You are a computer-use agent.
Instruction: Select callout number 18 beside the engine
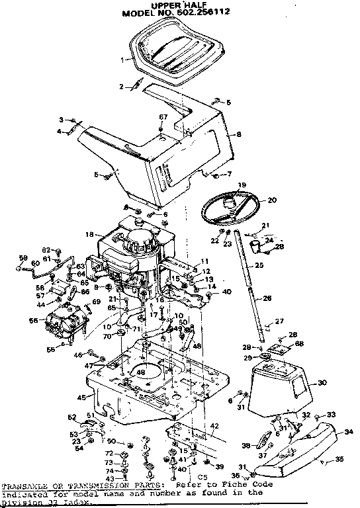click(89, 234)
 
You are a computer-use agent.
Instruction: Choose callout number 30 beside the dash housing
click(322, 382)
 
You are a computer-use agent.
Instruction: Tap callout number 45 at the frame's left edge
click(81, 398)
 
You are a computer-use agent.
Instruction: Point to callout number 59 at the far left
click(21, 258)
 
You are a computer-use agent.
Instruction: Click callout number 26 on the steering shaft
click(267, 298)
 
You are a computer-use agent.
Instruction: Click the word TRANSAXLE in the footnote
click(24, 485)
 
